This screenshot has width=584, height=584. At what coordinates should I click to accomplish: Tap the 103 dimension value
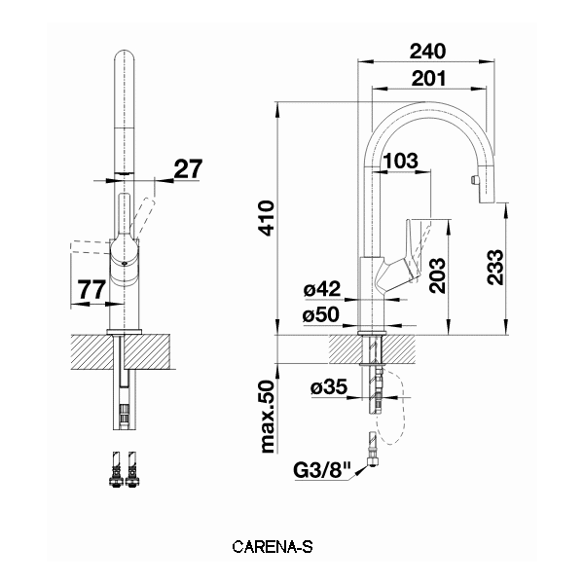pos(401,159)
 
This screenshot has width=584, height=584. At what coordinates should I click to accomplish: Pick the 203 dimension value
pos(436,275)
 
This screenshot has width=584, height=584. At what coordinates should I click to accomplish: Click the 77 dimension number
pos(91,288)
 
